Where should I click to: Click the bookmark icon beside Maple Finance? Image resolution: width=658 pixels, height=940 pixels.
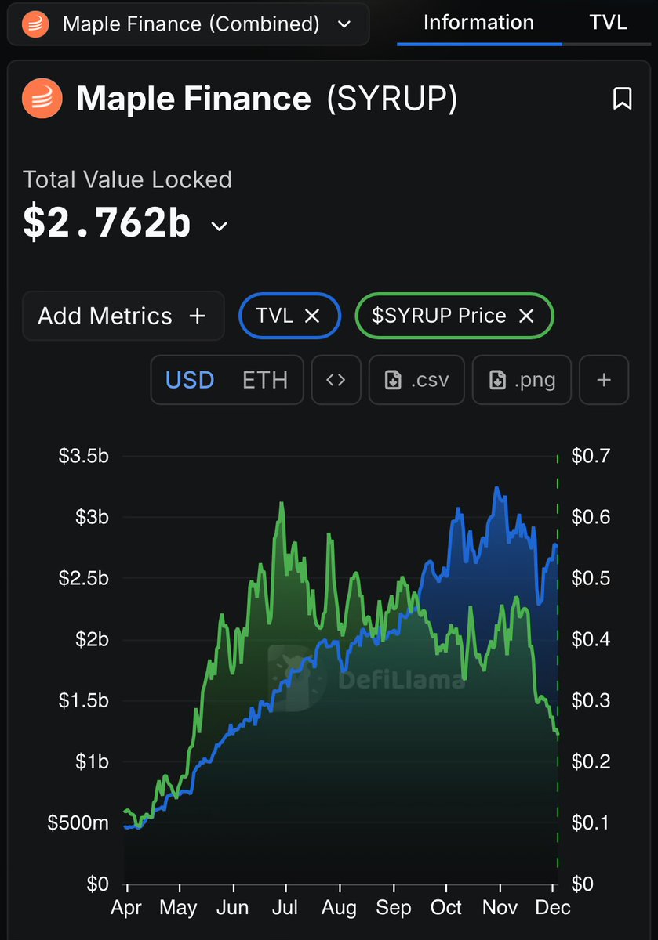[x=622, y=99]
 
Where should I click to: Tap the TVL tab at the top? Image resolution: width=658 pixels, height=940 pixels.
[x=608, y=22]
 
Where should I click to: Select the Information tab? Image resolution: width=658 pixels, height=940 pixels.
[x=478, y=22]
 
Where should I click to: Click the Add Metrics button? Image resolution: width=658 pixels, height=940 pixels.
[x=122, y=316]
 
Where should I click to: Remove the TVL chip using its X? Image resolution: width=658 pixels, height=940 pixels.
[x=311, y=316]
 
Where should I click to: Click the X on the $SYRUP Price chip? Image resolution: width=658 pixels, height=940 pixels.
[x=526, y=316]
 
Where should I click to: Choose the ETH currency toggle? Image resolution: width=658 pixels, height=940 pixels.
[x=264, y=380]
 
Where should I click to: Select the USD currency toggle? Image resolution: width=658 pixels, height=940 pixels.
[x=190, y=380]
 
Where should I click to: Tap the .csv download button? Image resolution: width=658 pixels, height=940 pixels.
[x=416, y=380]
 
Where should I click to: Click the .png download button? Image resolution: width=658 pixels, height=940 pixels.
[x=522, y=380]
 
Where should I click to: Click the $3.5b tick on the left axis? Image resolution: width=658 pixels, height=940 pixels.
[x=84, y=456]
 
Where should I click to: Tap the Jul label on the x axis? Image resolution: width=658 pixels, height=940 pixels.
[x=286, y=908]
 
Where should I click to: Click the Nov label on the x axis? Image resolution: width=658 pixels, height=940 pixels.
[x=500, y=908]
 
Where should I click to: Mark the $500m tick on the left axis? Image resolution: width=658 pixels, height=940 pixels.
[x=78, y=822]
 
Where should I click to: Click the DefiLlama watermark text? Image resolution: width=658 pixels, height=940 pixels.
[x=402, y=680]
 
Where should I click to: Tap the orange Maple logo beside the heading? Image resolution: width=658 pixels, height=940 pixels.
[x=42, y=99]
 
